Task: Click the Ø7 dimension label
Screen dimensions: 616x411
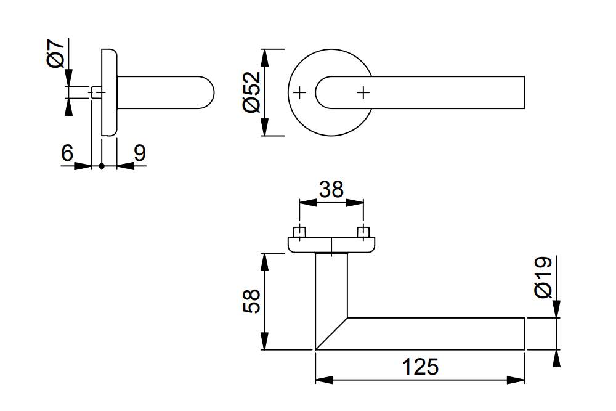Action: pyautogui.click(x=56, y=54)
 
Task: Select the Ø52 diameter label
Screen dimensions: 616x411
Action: pyautogui.click(x=252, y=92)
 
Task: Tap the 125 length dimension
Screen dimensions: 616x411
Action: pyautogui.click(x=420, y=367)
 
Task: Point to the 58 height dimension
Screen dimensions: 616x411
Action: pyautogui.click(x=251, y=301)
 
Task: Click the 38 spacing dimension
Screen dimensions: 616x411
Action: pyautogui.click(x=331, y=189)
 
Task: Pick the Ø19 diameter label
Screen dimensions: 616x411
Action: pyautogui.click(x=543, y=277)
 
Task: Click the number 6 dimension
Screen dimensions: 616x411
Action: pyautogui.click(x=67, y=152)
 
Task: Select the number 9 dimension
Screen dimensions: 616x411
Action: pyautogui.click(x=140, y=152)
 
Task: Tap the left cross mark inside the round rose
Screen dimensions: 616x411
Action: pyautogui.click(x=300, y=92)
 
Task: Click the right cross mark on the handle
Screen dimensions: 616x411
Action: pyautogui.click(x=363, y=92)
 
